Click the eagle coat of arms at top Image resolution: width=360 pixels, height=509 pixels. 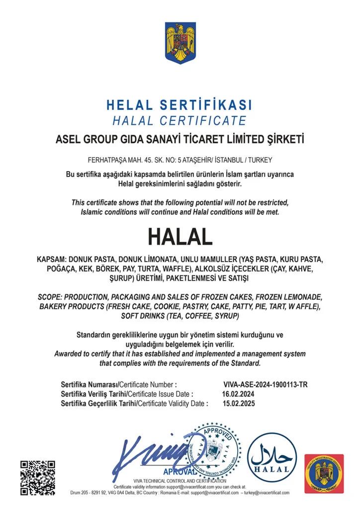tap(180, 43)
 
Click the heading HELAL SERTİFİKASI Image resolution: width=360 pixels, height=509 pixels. tap(180, 105)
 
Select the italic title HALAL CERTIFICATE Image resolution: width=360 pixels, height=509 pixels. tap(180, 120)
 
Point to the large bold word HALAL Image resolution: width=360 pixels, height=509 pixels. tap(180, 237)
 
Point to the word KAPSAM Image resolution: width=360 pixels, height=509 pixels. tap(51, 260)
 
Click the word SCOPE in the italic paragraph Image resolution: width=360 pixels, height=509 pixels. tap(50, 297)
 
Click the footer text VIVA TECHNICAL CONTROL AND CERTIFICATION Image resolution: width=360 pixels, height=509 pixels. tap(180, 481)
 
